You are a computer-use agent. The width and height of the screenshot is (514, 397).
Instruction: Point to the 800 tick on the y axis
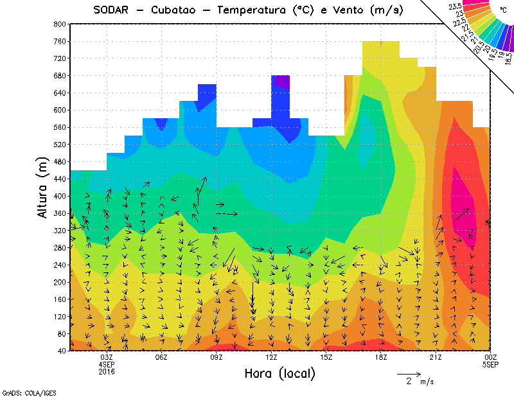coord(60,24)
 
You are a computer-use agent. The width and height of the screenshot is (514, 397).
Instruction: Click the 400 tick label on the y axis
coord(60,196)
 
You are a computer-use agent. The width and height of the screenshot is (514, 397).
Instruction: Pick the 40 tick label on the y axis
coord(62,351)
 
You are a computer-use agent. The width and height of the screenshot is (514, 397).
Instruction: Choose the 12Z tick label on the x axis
coord(271,357)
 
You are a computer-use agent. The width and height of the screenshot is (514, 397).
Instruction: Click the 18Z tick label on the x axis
coord(381,357)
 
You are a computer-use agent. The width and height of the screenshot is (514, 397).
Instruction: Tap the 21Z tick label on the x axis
coord(436,357)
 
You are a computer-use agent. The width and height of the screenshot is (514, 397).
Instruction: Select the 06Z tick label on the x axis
coord(161,357)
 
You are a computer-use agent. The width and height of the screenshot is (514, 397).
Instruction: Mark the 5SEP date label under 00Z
coord(491,364)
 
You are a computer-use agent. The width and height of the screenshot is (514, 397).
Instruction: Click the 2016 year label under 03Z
coord(107,371)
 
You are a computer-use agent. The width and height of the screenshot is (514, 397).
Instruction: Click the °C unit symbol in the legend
coord(502,11)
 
